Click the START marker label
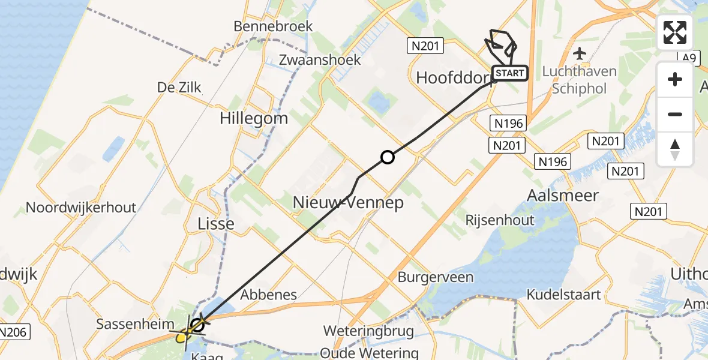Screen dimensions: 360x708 [510, 74]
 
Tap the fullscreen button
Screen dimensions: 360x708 [675, 32]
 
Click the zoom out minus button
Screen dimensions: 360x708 [675, 114]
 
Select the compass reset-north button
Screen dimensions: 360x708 [675, 149]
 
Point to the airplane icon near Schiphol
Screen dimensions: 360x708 [579, 54]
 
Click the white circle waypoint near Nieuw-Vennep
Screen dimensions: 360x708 [388, 158]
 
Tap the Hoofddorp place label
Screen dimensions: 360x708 [454, 77]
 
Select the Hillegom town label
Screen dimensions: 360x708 [254, 118]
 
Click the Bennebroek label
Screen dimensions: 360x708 [274, 26]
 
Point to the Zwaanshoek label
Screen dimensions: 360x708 [320, 60]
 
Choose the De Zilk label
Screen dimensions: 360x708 [179, 88]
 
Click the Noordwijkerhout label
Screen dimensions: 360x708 [81, 208]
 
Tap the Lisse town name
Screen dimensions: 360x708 [216, 224]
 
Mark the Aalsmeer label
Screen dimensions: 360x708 [562, 195]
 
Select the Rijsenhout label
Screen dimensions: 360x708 [500, 220]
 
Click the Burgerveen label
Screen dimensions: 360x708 [436, 278]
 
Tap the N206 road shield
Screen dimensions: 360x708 [13, 332]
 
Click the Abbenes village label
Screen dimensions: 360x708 [269, 295]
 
